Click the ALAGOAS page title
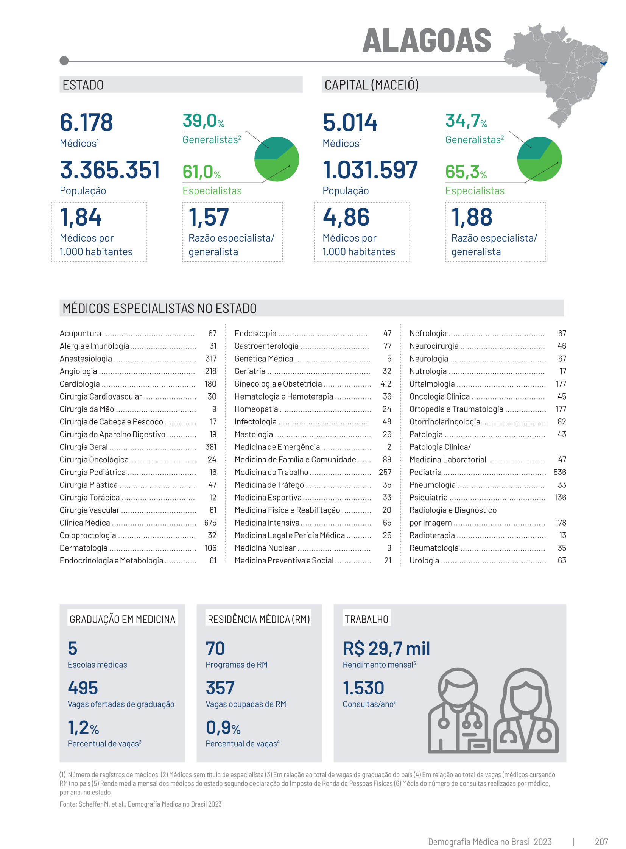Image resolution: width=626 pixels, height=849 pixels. [426, 41]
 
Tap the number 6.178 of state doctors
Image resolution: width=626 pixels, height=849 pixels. [86, 122]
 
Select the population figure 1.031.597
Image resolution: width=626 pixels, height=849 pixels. [370, 170]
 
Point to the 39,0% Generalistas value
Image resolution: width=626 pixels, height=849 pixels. [203, 121]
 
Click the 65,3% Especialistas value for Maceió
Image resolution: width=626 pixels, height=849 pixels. [466, 172]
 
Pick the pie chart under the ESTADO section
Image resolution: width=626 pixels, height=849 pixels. [277, 159]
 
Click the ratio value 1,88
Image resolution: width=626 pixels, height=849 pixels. [472, 217]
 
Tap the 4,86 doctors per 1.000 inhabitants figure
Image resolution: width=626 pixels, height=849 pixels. [346, 217]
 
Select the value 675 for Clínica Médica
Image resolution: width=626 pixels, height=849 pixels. [210, 523]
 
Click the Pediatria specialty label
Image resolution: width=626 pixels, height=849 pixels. [425, 472]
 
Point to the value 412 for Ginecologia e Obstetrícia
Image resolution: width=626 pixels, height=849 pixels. [386, 384]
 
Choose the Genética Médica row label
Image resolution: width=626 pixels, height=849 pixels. [264, 359]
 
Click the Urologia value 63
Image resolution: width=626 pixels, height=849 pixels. [562, 560]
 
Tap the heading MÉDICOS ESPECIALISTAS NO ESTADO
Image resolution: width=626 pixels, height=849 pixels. [160, 308]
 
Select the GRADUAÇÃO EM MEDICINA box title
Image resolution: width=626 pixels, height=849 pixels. [122, 619]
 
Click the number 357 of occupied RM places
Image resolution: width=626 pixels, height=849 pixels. [220, 688]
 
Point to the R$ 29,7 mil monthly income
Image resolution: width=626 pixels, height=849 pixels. [386, 648]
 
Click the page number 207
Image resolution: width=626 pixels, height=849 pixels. [601, 842]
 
